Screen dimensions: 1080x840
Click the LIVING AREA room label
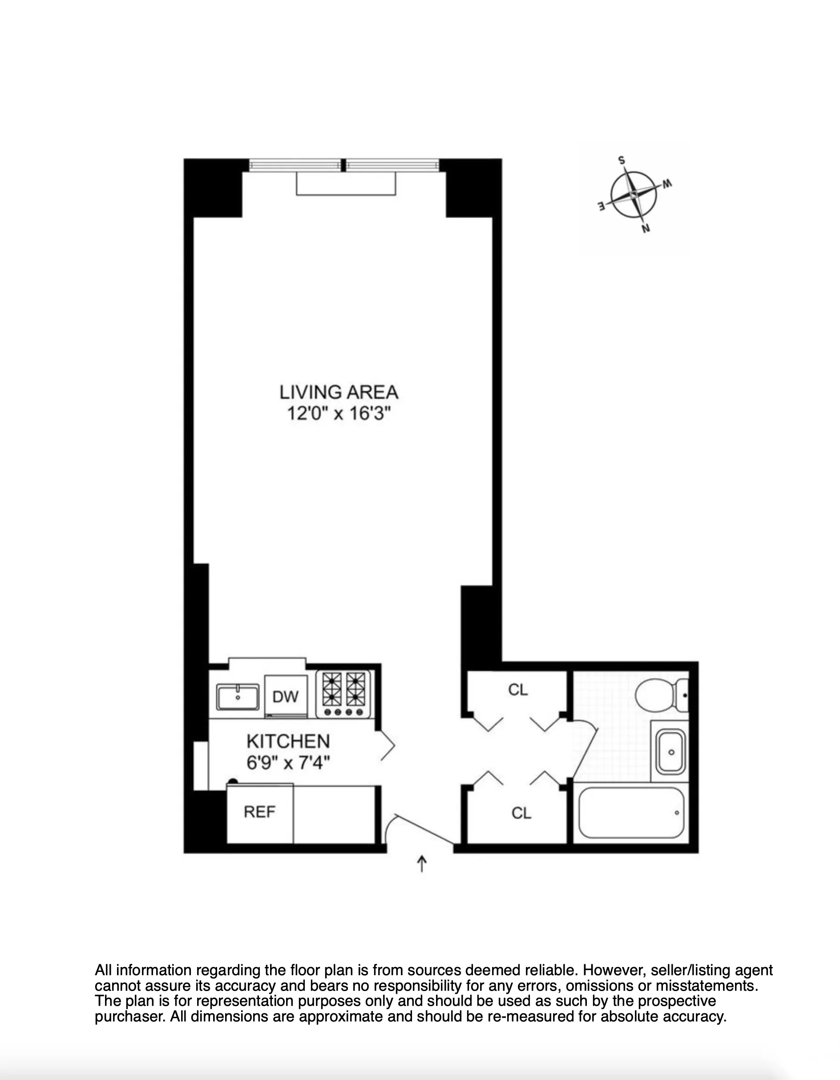(x=339, y=393)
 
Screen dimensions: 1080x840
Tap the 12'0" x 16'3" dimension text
(x=339, y=413)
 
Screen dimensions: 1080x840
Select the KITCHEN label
(x=288, y=741)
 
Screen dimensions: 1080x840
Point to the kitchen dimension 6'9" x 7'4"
(x=288, y=762)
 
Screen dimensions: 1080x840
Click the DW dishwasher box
(x=286, y=697)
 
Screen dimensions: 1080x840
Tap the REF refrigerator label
(x=259, y=812)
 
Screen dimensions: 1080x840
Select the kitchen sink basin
(x=238, y=697)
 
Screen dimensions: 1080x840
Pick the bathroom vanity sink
(x=670, y=752)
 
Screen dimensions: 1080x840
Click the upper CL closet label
(x=518, y=689)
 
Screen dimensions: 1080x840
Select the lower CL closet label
(x=521, y=813)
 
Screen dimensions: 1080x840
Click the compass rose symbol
(x=634, y=195)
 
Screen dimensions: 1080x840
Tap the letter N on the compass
(x=645, y=229)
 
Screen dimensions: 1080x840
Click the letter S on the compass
(x=622, y=160)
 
